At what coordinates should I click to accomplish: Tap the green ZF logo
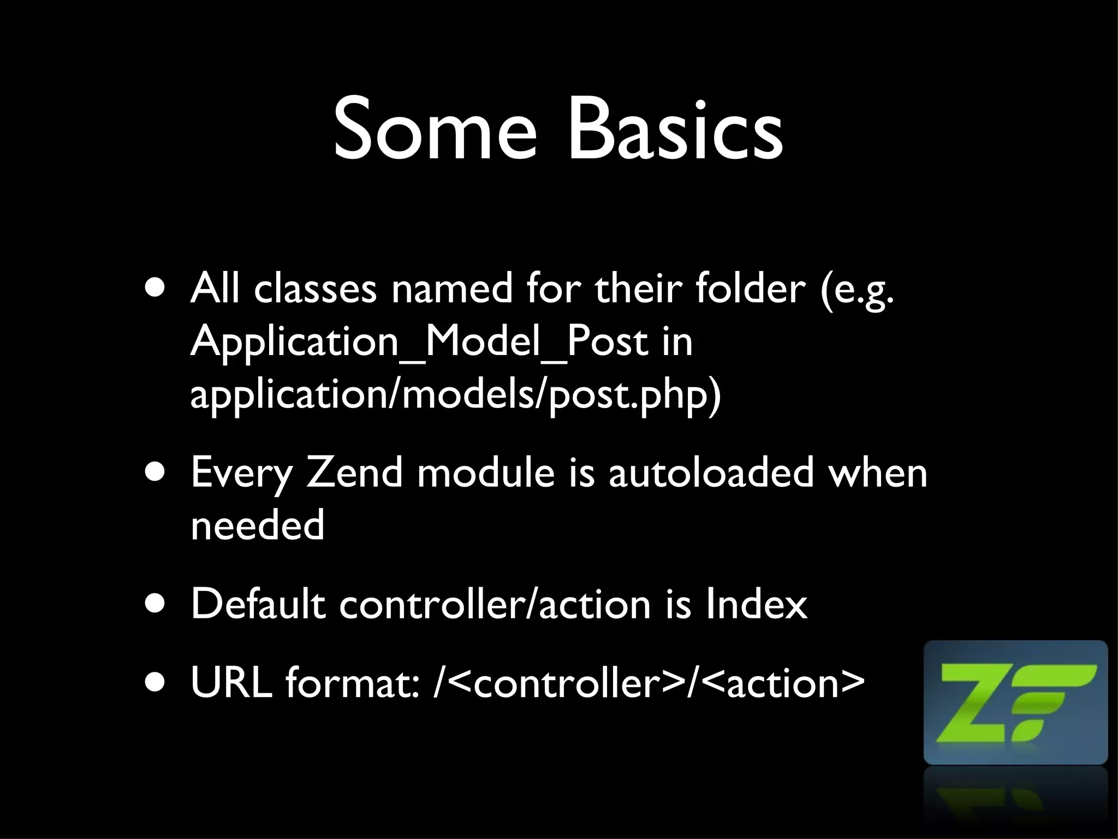(x=1015, y=702)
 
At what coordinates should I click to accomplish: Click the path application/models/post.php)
(x=456, y=394)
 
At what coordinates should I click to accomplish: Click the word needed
(x=258, y=525)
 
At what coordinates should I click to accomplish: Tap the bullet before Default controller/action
(x=158, y=606)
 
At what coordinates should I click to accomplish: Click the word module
(x=486, y=472)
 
